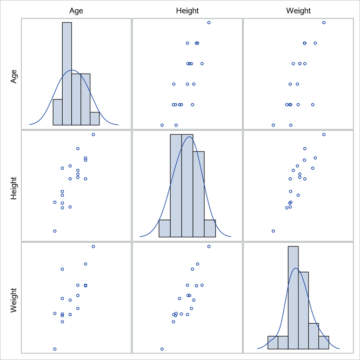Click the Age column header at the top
(76, 10)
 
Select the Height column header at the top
(188, 10)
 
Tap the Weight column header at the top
(299, 10)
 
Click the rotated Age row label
(15, 74)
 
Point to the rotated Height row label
(15, 185)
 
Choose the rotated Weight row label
(15, 297)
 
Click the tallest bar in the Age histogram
(67, 74)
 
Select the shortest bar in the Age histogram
(95, 118)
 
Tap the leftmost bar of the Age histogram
(57, 112)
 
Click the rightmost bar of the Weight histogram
(324, 343)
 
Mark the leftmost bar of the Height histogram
(164, 228)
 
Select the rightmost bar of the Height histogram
(210, 228)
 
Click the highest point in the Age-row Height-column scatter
(209, 22)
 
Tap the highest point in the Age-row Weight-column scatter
(324, 22)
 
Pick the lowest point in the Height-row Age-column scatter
(55, 231)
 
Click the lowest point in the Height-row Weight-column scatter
(273, 231)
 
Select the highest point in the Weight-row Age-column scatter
(93, 246)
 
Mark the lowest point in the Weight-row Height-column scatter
(162, 349)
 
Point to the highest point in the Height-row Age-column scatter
(93, 135)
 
